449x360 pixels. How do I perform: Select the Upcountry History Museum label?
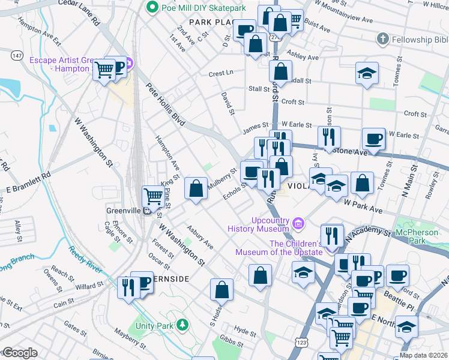pos(259,224)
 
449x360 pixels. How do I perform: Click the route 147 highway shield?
pos(17,55)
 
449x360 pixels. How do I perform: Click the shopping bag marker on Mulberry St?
pos(196,188)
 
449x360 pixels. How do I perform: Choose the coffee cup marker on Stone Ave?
pos(373,139)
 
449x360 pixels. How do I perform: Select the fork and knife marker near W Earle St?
pos(328,136)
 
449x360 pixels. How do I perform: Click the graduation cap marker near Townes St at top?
pos(367,73)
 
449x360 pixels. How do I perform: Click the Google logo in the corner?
pos(19,353)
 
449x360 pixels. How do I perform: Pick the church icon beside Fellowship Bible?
pos(382,40)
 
